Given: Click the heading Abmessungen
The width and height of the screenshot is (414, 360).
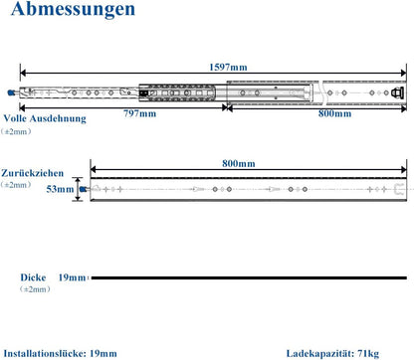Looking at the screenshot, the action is (73, 10).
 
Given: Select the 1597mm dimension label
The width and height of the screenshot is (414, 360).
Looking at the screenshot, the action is (228, 68).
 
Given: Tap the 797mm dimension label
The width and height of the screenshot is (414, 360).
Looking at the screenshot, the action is (139, 113).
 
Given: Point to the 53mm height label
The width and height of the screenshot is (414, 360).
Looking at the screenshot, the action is (60, 189).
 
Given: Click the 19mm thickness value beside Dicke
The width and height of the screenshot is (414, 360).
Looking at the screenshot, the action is (72, 277).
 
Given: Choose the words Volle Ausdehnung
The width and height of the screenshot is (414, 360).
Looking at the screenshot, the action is (45, 118).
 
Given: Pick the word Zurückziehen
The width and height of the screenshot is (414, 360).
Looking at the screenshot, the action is (32, 173).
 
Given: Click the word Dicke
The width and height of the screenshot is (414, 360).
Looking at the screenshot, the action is (33, 277).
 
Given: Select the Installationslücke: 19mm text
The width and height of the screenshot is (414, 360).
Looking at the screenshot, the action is (60, 353).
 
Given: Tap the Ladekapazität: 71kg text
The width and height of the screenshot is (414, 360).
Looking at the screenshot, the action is (332, 354).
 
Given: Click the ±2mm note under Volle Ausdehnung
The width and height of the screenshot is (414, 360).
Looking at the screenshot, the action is (16, 131).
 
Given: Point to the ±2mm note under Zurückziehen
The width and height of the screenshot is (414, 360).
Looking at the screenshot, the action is (16, 185).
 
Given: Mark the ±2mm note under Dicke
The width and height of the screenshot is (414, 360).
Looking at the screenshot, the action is (35, 289).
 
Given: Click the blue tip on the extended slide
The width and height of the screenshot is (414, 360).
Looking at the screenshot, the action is (12, 92).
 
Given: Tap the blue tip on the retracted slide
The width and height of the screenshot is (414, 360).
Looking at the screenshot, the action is (83, 189).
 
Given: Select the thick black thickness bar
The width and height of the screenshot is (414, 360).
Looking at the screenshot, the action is (249, 277).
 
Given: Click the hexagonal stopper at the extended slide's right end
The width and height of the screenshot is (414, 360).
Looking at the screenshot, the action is (397, 92).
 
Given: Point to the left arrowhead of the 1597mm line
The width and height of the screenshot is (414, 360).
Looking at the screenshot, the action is (23, 73).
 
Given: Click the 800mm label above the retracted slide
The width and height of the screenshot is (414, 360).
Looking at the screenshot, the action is (239, 163).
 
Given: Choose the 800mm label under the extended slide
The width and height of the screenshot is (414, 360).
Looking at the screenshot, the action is (334, 113).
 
